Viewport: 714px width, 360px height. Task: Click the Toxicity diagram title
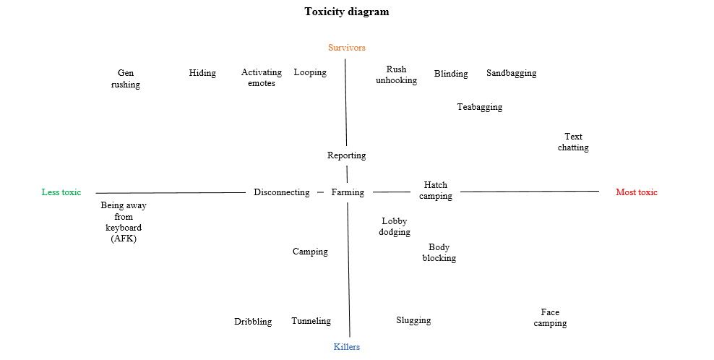(x=347, y=12)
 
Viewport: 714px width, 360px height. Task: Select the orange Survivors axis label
(x=347, y=48)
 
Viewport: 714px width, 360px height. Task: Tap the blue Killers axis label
(x=347, y=347)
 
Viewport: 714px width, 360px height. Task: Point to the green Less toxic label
(x=61, y=192)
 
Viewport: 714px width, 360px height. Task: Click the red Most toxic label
(x=637, y=192)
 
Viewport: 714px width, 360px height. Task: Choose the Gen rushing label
(x=126, y=79)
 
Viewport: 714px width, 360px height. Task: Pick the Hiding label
(x=202, y=73)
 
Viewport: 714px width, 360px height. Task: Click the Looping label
(x=310, y=72)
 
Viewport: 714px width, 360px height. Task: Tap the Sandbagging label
(x=512, y=73)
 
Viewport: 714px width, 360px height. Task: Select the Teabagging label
(x=480, y=107)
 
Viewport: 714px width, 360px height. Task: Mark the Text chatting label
(x=573, y=142)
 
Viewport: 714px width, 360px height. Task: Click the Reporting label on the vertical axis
(x=347, y=155)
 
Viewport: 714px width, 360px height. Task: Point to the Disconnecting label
(x=282, y=192)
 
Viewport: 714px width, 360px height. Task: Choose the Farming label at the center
(x=348, y=192)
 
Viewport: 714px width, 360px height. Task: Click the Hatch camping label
(x=436, y=190)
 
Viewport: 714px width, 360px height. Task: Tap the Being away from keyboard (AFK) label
(x=124, y=222)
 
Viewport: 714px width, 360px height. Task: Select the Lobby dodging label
(x=395, y=226)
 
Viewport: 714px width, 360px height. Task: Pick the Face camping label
(x=550, y=317)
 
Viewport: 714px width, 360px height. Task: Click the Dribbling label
(x=253, y=322)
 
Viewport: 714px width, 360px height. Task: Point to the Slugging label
(x=413, y=320)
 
